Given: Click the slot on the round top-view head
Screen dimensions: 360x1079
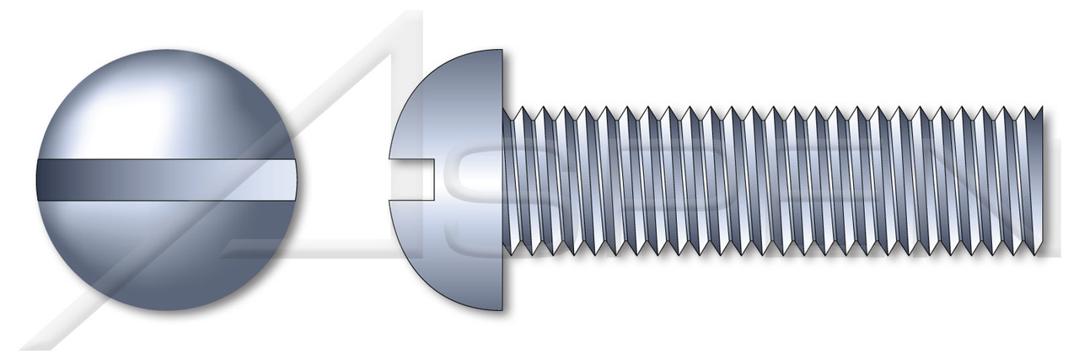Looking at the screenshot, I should coord(169,179).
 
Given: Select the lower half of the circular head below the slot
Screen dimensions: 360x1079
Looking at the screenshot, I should coord(169,253).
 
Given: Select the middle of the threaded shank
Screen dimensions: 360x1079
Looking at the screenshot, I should coord(774,180).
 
